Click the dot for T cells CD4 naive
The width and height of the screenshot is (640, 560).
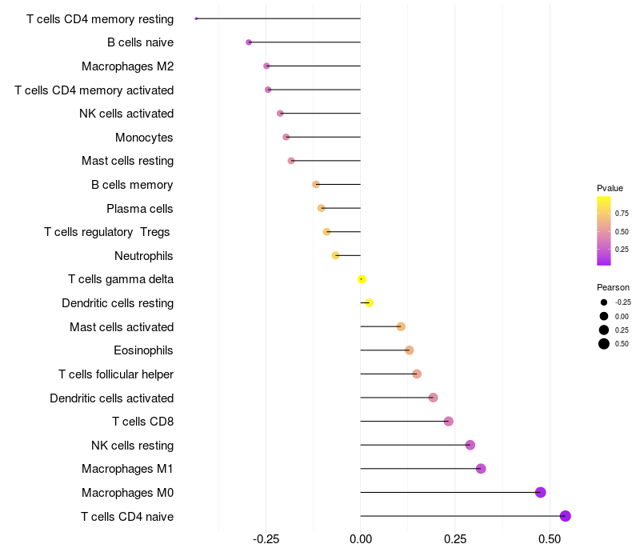566,516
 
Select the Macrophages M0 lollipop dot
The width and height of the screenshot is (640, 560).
541,492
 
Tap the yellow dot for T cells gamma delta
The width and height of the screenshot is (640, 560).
362,279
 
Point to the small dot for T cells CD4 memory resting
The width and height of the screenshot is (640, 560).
196,18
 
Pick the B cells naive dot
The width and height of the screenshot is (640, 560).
249,42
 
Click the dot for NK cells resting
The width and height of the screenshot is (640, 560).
470,445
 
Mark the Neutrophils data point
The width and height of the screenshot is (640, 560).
336,255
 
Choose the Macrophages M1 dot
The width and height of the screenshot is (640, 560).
481,469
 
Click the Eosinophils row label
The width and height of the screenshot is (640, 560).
143,350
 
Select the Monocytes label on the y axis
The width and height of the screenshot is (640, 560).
144,138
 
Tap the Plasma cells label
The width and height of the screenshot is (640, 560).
139,209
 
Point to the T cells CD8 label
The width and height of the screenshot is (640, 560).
142,422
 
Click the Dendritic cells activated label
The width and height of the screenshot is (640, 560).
111,398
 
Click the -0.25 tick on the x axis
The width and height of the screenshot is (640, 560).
266,540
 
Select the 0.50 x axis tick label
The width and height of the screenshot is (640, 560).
550,540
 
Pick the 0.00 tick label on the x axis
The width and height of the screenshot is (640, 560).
361,540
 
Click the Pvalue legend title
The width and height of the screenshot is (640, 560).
610,188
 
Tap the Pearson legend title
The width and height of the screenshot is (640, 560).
613,287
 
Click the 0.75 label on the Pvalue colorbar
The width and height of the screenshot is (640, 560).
622,214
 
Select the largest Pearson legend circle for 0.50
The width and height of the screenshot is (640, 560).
604,344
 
